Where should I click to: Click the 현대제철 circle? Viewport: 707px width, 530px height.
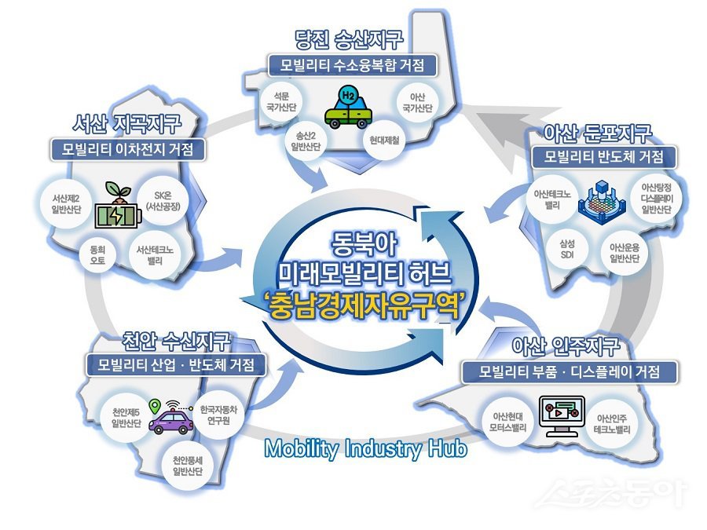(381, 141)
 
